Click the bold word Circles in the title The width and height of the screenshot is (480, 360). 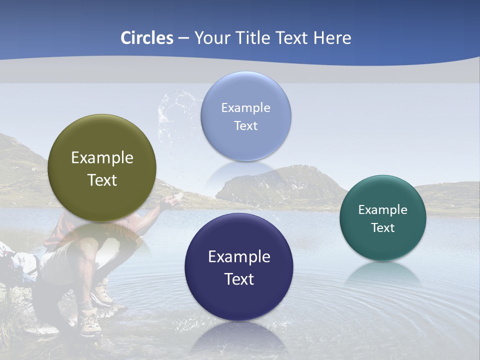coord(146,38)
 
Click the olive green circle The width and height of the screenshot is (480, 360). coord(102,168)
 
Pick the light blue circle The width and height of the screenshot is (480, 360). coord(245,116)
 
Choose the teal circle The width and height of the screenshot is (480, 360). coord(383,218)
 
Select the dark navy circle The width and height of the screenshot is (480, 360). coord(239,267)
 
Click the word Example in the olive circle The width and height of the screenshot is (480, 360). coord(102,157)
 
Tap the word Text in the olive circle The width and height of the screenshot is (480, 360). coord(102,180)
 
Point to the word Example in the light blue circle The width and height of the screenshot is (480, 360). coord(245,107)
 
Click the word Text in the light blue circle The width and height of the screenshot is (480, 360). coord(245,125)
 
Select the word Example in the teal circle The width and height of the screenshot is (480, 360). coord(383,209)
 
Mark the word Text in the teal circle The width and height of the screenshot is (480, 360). coord(383,227)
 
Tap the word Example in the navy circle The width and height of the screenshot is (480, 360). coord(239,256)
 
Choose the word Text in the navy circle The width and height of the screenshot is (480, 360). coord(239,279)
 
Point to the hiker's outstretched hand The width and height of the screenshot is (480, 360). coord(172,200)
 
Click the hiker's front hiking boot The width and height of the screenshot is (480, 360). coord(91,322)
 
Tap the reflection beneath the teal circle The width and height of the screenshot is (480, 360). coord(383,274)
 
